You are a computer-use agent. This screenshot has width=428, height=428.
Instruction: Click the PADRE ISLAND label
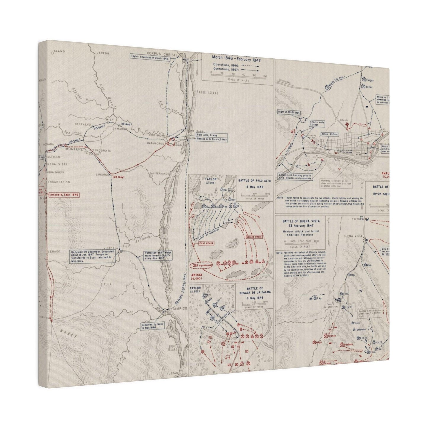[x=207, y=93]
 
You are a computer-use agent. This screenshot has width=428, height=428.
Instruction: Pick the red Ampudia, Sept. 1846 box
[x=64, y=195]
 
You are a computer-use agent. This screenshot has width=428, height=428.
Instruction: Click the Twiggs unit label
[x=371, y=80]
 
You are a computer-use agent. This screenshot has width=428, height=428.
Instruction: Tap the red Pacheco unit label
[x=348, y=344]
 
